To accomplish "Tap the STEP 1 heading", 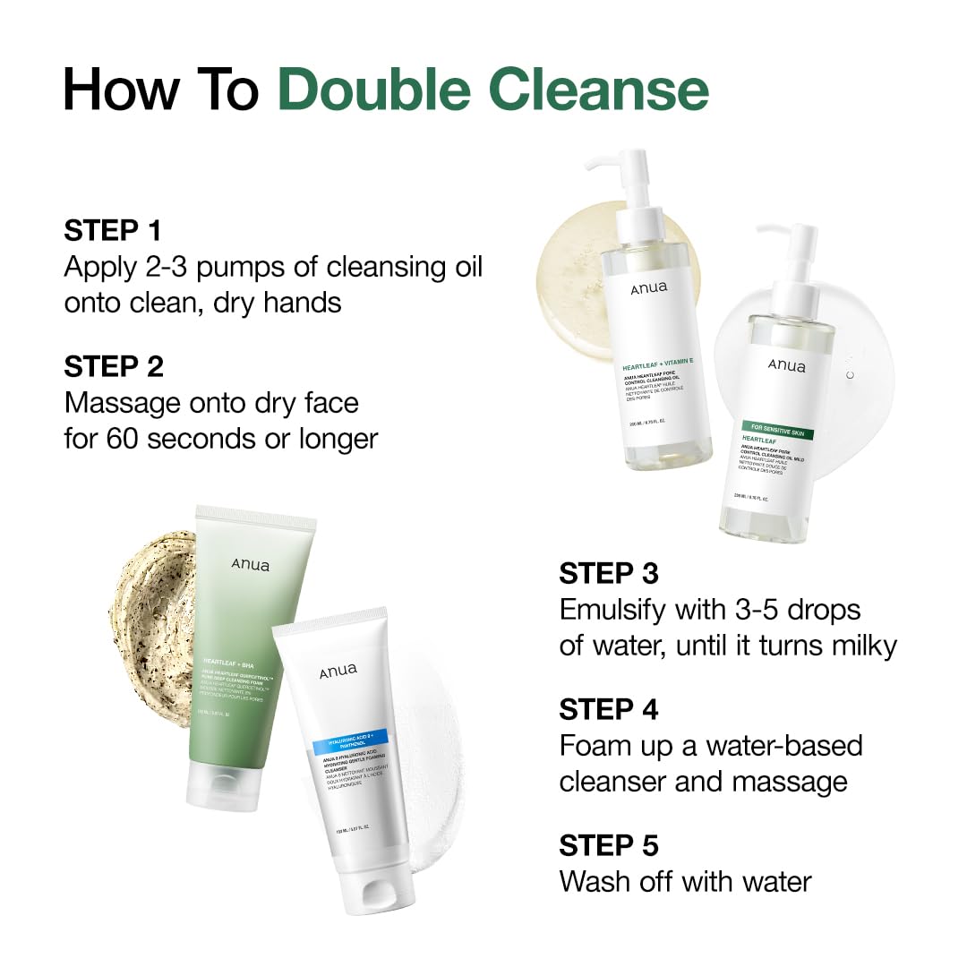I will [113, 230].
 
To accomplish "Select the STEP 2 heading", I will [114, 366].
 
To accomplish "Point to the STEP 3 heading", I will [609, 573].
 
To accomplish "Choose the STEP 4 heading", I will [609, 709].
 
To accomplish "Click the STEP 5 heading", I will [609, 845].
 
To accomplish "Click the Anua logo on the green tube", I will [250, 565].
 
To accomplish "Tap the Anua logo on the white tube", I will [338, 671].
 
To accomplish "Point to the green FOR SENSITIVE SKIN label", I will [778, 432].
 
